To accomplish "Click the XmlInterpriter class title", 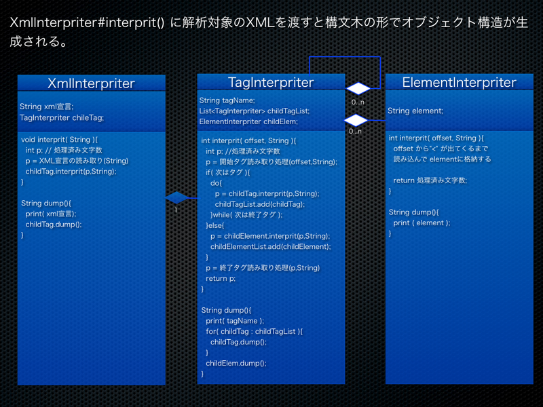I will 91,83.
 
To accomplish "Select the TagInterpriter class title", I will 271,82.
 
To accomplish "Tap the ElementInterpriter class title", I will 459,82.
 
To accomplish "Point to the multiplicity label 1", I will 175,210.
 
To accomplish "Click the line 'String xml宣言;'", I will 46,106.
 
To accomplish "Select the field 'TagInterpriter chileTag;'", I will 62,117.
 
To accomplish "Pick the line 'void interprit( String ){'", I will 60,139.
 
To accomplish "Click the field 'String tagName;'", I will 227,100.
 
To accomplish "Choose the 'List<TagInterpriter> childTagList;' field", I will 254,111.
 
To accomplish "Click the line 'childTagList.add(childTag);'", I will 259,204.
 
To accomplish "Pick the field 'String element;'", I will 415,111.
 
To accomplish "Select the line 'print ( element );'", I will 422,222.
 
